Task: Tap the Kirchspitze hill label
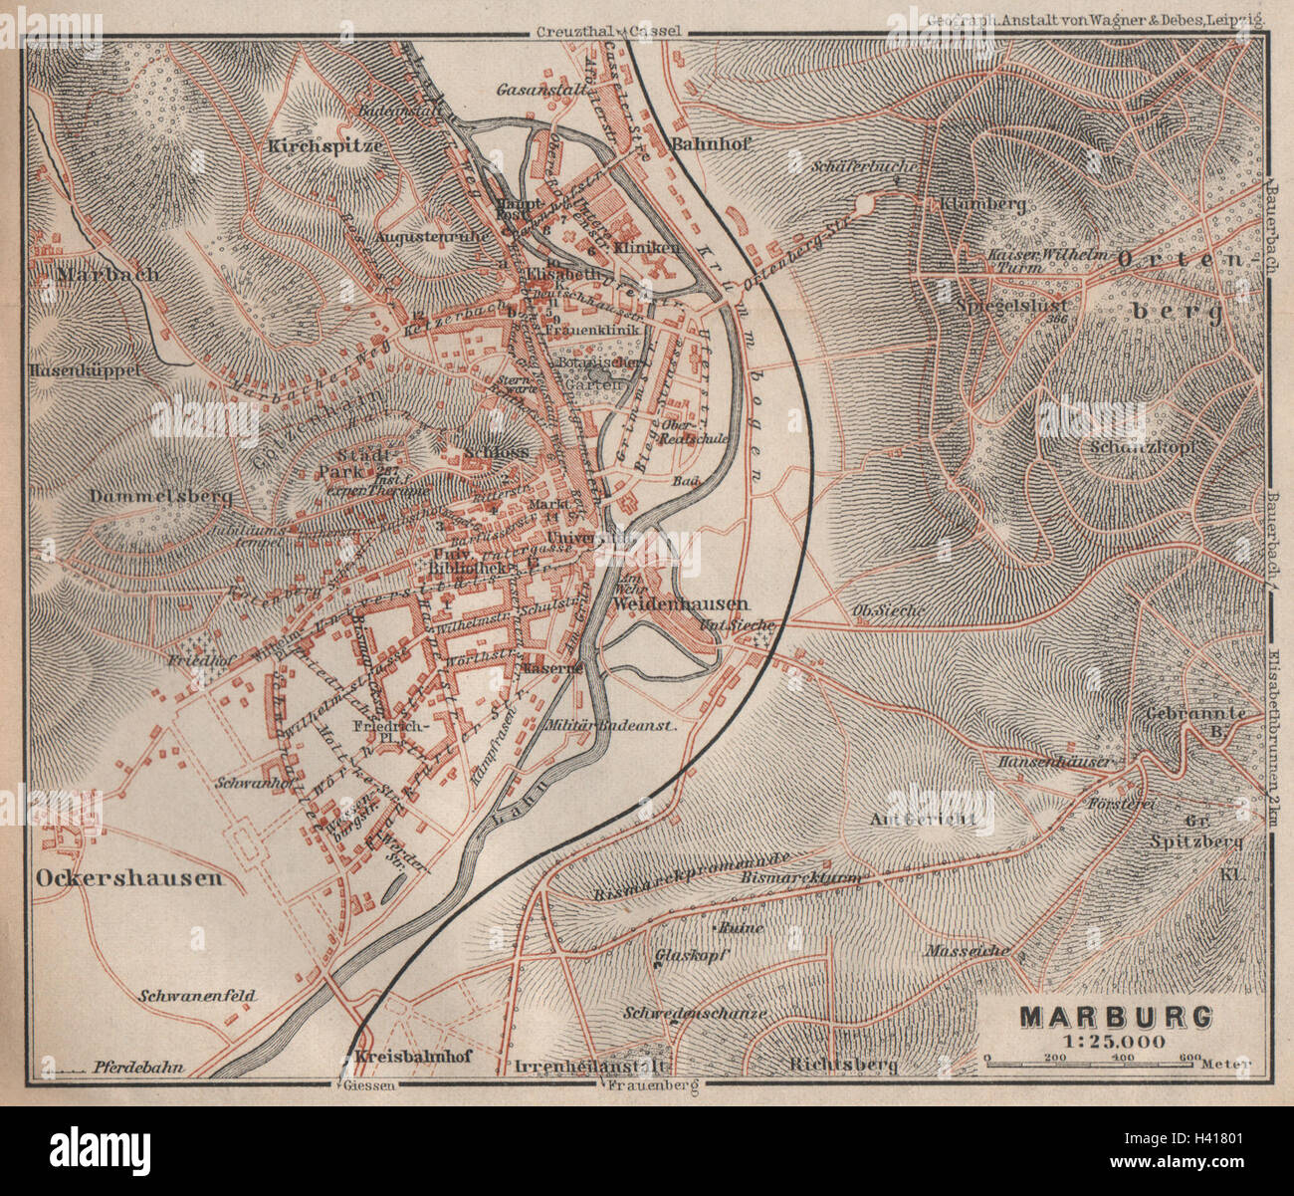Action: [325, 144]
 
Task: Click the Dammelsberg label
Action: [160, 495]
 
